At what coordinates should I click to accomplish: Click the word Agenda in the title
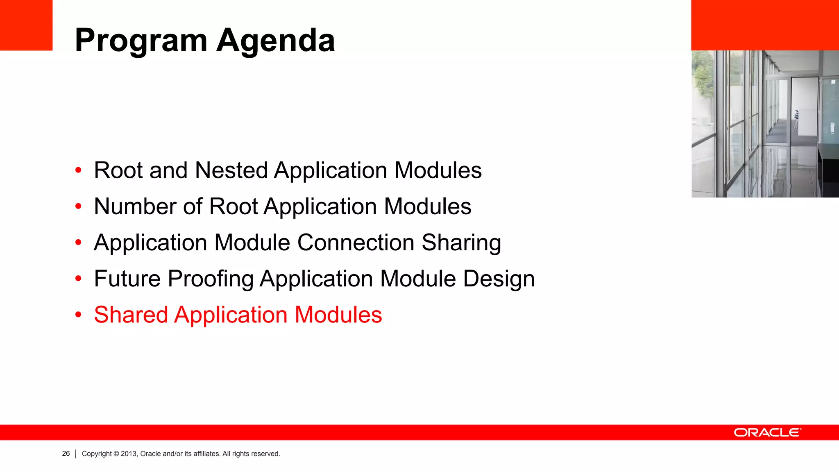pos(276,41)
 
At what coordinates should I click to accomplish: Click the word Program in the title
pos(141,41)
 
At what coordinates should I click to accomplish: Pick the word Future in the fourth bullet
pos(127,279)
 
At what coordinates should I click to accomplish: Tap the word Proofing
pos(211,279)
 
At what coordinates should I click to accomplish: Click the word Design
pos(499,279)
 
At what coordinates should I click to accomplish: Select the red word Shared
pos(131,315)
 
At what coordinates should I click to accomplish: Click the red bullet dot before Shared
pos(78,315)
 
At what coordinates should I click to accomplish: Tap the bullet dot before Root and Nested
pos(78,170)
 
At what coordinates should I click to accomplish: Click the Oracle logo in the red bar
pos(767,433)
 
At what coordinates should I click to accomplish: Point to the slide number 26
pos(66,454)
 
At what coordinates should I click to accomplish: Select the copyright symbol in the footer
pos(116,454)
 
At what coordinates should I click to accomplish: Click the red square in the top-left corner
pos(26,25)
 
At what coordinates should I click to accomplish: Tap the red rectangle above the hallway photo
pos(765,25)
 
